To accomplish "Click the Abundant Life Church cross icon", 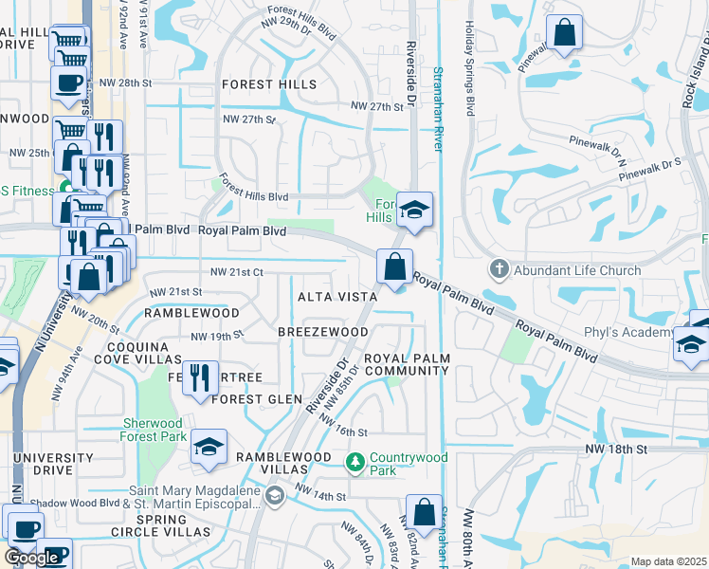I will click(x=500, y=270).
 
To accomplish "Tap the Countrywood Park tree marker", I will click(x=355, y=463).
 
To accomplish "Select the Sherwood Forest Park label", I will click(x=153, y=431).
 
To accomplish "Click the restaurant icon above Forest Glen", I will click(x=200, y=376).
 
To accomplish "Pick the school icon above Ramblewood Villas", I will click(x=209, y=447).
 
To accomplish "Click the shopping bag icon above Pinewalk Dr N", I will click(x=564, y=32).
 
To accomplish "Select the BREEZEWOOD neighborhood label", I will click(x=322, y=332).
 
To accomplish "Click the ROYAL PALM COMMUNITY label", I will click(x=406, y=364).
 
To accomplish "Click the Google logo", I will click(x=32, y=558).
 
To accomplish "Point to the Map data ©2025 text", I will click(x=668, y=561).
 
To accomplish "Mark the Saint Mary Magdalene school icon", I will click(x=275, y=494).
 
